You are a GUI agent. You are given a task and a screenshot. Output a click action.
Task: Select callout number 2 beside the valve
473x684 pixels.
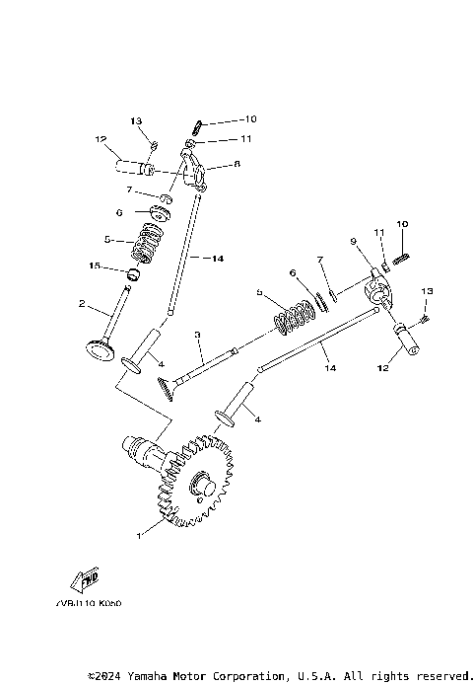(x=84, y=304)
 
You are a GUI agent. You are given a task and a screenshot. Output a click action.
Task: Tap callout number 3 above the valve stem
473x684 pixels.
(x=198, y=336)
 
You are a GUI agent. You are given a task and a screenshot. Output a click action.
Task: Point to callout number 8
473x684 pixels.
(x=236, y=166)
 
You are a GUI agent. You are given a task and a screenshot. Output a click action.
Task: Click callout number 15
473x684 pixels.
(x=96, y=266)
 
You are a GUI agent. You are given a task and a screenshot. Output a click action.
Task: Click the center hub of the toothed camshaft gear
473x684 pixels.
(x=203, y=485)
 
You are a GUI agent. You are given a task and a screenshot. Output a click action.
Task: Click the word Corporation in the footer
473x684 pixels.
(x=253, y=675)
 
